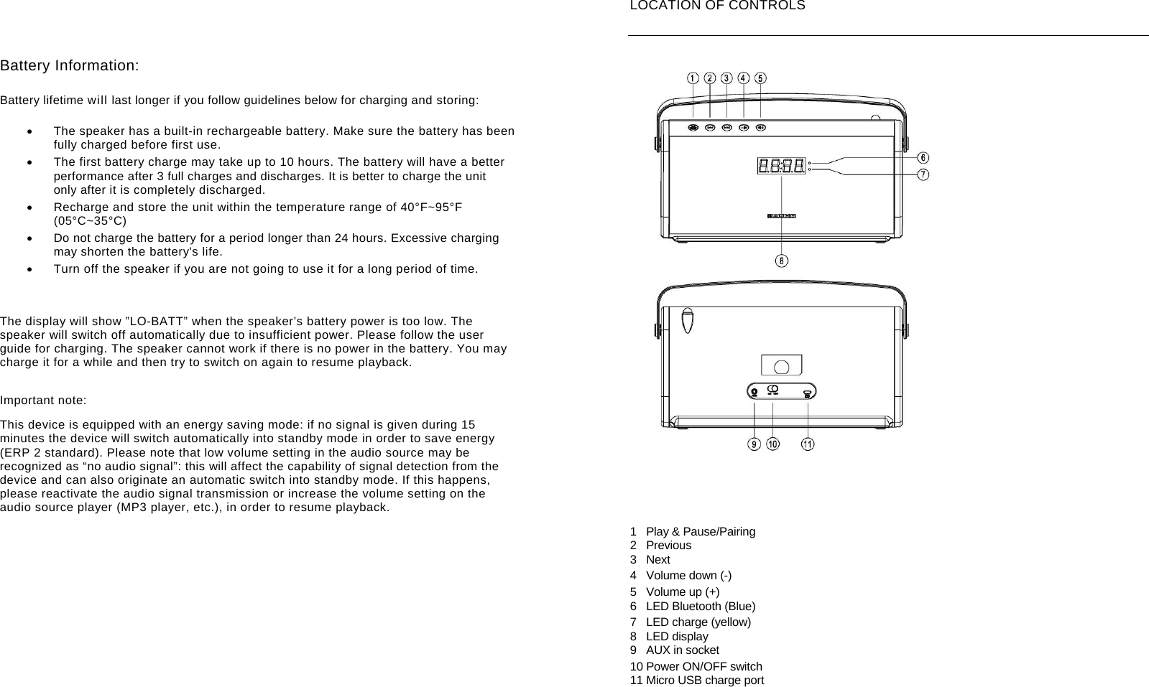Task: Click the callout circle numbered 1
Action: point(693,78)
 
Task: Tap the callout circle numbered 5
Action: point(760,78)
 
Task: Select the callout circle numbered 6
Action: point(923,158)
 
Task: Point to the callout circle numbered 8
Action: point(782,261)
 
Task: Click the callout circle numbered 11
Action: point(808,444)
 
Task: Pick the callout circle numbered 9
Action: point(754,444)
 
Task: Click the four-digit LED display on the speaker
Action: point(781,166)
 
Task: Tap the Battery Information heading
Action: point(70,66)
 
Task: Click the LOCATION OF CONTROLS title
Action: point(717,6)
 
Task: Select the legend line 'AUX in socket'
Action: point(682,650)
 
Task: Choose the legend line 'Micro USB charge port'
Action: point(704,681)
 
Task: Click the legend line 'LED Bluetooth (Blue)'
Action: point(700,607)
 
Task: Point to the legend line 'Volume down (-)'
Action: point(688,576)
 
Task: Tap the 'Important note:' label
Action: point(43,401)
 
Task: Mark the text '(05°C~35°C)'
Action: point(90,221)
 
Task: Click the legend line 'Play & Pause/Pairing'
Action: point(700,532)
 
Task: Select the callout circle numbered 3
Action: point(726,78)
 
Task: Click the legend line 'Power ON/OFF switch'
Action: point(703,667)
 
